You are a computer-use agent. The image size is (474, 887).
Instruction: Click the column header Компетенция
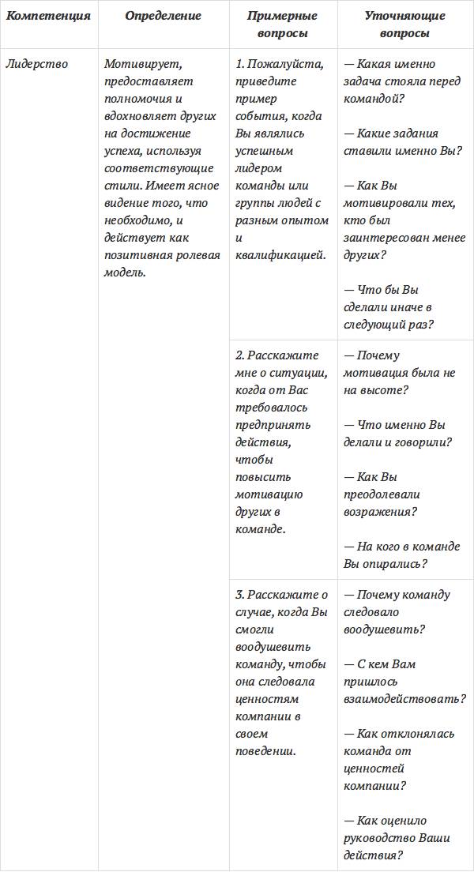click(48, 16)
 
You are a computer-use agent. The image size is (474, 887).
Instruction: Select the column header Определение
click(164, 16)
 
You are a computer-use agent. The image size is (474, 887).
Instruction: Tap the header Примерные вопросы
click(283, 24)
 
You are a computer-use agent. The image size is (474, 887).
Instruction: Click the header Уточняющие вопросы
click(404, 24)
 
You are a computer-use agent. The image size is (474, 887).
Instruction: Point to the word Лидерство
click(36, 64)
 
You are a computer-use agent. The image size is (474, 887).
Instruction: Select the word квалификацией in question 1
click(280, 255)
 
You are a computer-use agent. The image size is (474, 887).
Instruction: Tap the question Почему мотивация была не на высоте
click(399, 373)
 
